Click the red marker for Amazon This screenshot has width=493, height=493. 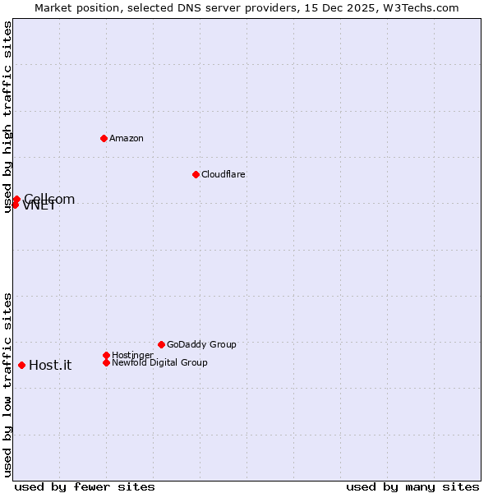click(x=104, y=138)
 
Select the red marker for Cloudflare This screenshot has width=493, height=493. click(x=196, y=174)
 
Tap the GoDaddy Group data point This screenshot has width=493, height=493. click(x=161, y=344)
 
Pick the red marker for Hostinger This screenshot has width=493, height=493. click(x=106, y=355)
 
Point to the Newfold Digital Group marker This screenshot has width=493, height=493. click(x=106, y=362)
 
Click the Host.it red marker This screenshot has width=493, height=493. click(x=21, y=365)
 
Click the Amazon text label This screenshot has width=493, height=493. click(x=127, y=138)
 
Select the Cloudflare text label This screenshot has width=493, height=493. click(x=223, y=174)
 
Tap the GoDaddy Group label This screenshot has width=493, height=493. click(x=201, y=344)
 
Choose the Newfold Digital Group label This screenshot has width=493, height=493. click(x=159, y=362)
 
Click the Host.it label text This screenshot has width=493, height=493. click(x=50, y=366)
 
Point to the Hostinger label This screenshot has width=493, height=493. click(x=132, y=355)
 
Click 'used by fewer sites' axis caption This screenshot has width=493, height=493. click(x=85, y=486)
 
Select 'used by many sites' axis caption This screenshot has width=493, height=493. click(x=412, y=486)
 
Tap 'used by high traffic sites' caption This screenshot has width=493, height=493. click(x=7, y=117)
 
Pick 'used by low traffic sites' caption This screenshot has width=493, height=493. click(x=7, y=385)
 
